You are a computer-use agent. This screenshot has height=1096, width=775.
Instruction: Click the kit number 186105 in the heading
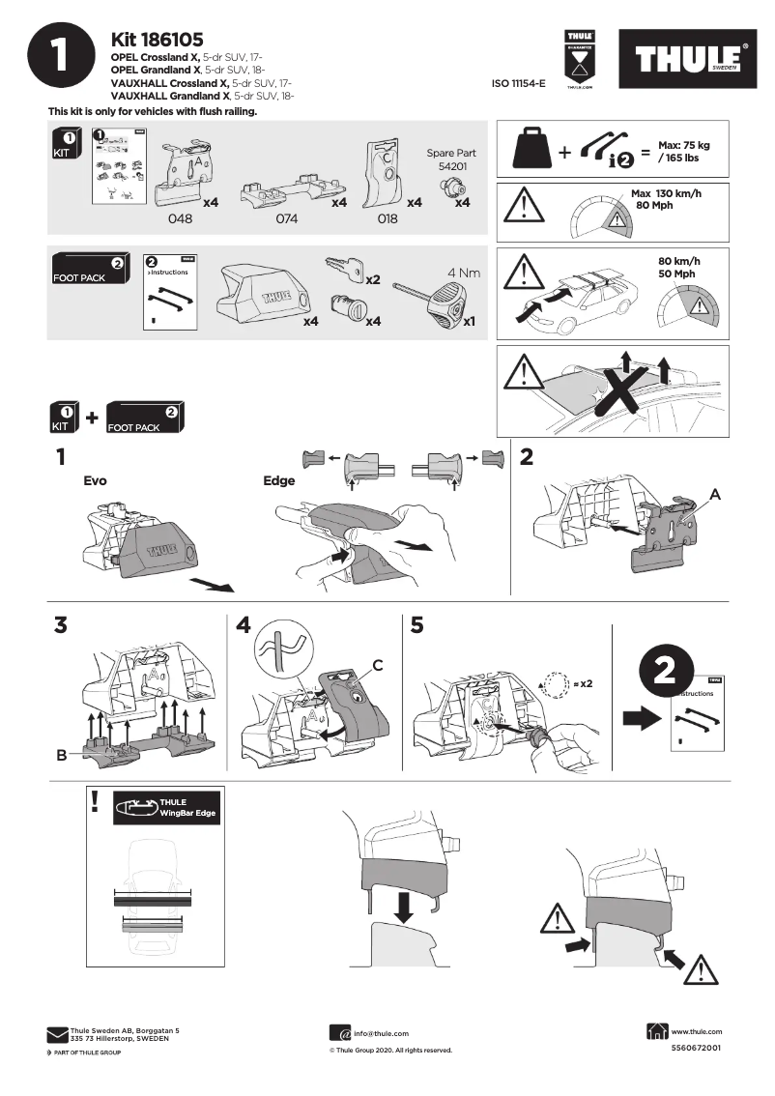[157, 40]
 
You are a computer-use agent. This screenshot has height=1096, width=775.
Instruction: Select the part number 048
[181, 219]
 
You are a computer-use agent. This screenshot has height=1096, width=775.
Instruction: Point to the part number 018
[387, 219]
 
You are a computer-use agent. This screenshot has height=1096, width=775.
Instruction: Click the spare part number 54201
[451, 166]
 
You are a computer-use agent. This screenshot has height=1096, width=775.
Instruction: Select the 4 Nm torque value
[463, 273]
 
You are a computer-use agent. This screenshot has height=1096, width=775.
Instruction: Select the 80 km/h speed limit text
[678, 261]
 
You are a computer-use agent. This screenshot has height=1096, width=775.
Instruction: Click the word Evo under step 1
[96, 479]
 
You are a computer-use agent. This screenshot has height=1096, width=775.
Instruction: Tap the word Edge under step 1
[278, 479]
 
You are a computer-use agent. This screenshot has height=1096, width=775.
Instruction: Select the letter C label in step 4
[379, 665]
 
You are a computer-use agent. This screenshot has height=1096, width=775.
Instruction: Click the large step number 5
[417, 625]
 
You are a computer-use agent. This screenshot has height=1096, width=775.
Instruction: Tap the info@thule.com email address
[381, 1033]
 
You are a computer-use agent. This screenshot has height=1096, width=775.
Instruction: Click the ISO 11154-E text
[519, 85]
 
